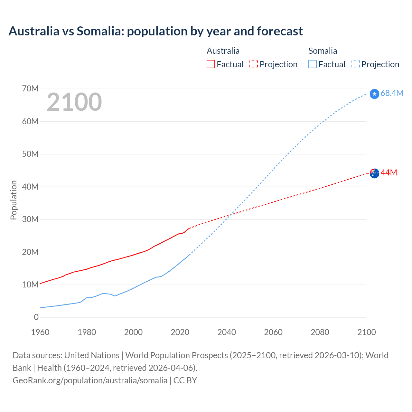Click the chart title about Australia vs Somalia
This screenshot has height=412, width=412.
click(155, 31)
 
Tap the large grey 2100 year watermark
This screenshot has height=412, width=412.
click(74, 102)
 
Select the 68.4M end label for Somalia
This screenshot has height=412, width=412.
click(392, 93)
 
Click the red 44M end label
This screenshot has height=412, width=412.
click(389, 173)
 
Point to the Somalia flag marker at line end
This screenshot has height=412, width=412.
click(374, 94)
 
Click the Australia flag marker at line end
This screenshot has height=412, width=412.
click(374, 173)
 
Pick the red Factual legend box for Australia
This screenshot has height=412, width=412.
click(211, 64)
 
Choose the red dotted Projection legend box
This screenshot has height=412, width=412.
click(254, 64)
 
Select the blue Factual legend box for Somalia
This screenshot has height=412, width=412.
click(313, 64)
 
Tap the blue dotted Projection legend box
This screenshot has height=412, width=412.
click(356, 64)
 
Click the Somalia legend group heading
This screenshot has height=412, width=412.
click(323, 51)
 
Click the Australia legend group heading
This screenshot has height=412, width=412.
click(223, 51)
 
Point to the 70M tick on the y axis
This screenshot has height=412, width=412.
click(30, 89)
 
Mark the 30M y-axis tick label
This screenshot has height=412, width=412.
click(30, 219)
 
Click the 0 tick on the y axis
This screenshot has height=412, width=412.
click(36, 317)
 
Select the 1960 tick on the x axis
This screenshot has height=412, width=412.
click(40, 332)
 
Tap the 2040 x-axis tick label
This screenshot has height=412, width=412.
click(227, 332)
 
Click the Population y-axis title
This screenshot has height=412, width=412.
click(14, 200)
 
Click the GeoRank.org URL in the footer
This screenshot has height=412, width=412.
click(90, 380)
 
